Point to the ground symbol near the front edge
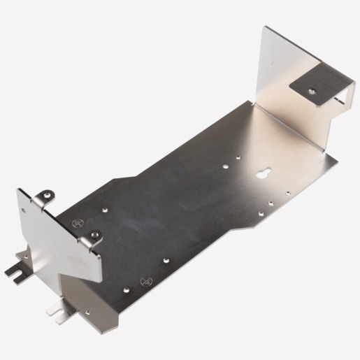pos(146,280)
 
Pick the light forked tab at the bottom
pos(55,308)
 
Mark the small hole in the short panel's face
pos(27,209)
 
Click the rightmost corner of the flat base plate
pos(338,157)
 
